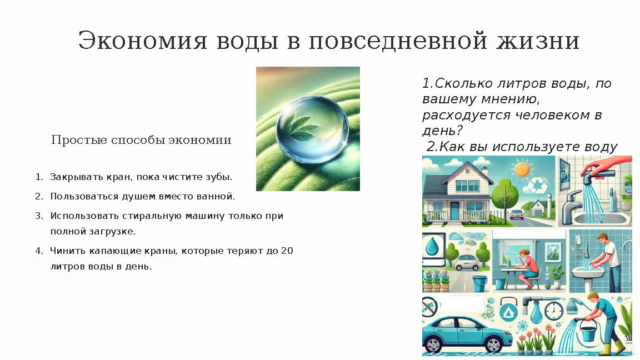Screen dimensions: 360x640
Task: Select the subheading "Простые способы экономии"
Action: click(x=141, y=140)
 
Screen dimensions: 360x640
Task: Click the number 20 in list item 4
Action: click(x=287, y=251)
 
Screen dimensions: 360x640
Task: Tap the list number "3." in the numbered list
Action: click(x=39, y=216)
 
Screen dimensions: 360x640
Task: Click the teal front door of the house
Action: click(x=455, y=210)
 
